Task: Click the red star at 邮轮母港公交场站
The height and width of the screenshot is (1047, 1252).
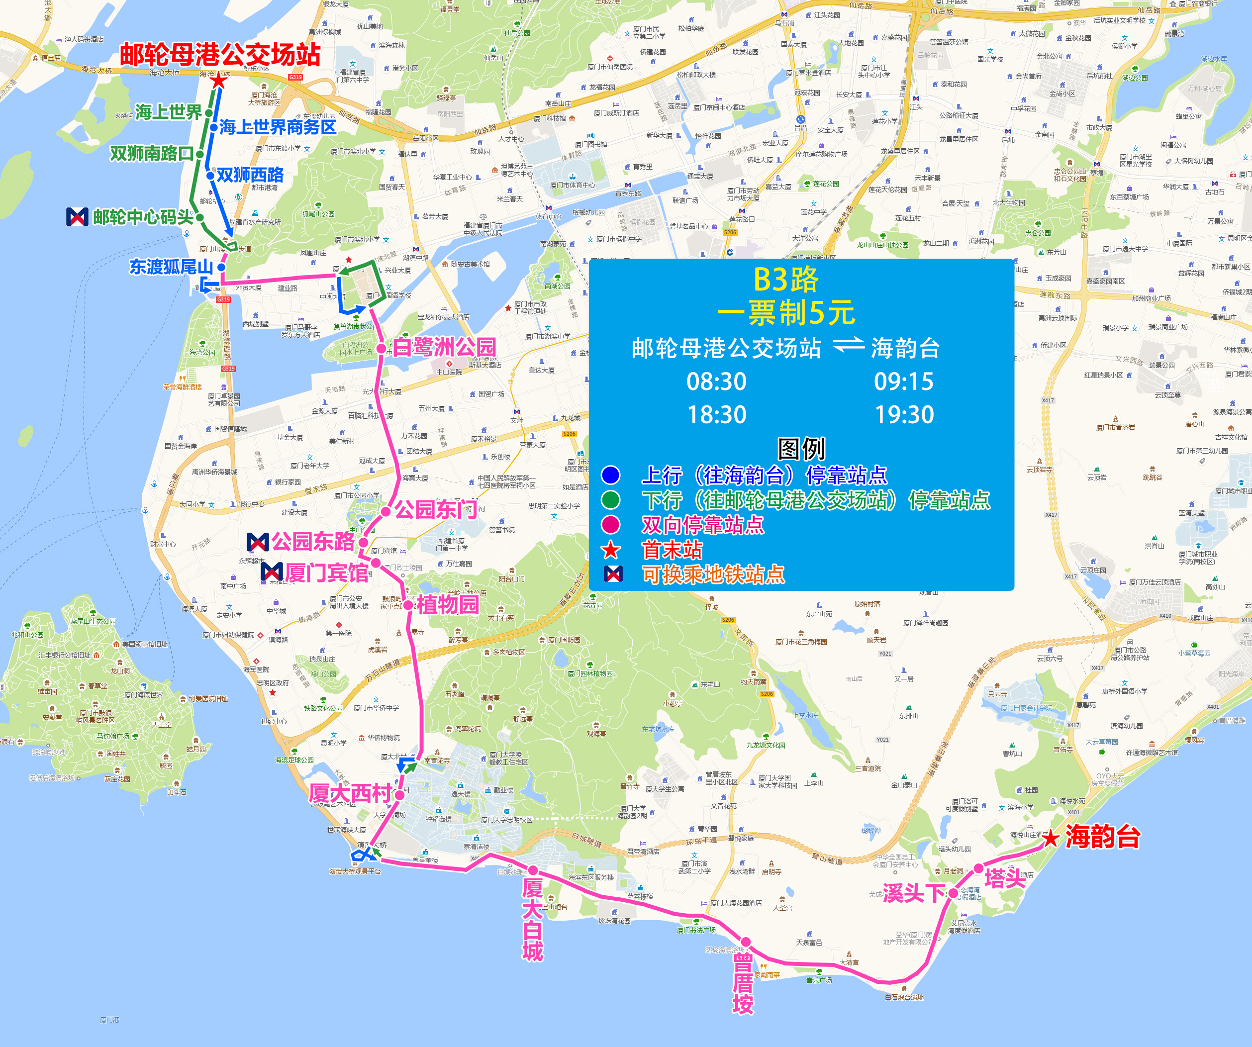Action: click(x=219, y=80)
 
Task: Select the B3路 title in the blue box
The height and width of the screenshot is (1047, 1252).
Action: click(x=786, y=279)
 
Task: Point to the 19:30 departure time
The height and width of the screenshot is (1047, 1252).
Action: click(x=904, y=415)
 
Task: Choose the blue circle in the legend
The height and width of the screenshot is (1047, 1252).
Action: click(x=610, y=475)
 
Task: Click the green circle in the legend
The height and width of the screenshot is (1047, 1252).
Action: click(x=610, y=500)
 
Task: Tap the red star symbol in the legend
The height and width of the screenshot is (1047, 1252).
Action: click(x=610, y=550)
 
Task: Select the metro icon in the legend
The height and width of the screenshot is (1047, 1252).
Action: click(x=613, y=573)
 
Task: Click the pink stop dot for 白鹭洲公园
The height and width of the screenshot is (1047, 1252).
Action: click(x=381, y=349)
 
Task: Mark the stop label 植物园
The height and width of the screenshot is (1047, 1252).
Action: click(x=447, y=605)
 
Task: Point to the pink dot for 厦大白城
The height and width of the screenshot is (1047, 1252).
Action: click(x=533, y=870)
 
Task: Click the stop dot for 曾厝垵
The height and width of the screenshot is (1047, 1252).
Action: click(x=746, y=942)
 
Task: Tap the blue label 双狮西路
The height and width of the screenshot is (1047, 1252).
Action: click(x=250, y=175)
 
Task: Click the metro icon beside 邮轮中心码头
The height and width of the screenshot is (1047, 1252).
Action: click(x=78, y=217)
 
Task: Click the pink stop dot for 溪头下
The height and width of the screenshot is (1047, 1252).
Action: click(x=954, y=893)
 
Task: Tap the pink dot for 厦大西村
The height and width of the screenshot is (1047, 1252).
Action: click(x=399, y=795)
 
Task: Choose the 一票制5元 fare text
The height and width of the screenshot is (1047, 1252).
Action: click(x=786, y=313)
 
